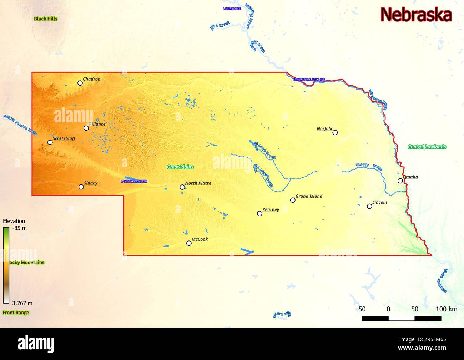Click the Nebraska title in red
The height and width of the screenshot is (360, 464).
pyautogui.click(x=416, y=15)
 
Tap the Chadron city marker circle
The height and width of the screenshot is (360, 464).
pyautogui.click(x=80, y=83)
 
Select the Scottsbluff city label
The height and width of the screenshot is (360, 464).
pyautogui.click(x=64, y=138)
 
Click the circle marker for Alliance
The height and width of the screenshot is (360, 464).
pyautogui.click(x=86, y=128)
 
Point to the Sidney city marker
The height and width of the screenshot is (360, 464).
pyautogui.click(x=81, y=187)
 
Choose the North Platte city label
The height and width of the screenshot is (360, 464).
pyautogui.click(x=198, y=183)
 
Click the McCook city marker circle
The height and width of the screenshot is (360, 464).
pyautogui.click(x=189, y=243)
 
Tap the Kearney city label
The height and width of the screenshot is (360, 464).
pyautogui.click(x=271, y=209)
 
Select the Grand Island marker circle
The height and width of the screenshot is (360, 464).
pyautogui.click(x=293, y=200)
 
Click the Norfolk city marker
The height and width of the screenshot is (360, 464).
pyautogui.click(x=335, y=132)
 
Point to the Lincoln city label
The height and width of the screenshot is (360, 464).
pyautogui.click(x=379, y=202)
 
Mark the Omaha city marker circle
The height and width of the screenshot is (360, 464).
pyautogui.click(x=400, y=181)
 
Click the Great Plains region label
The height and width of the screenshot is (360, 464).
pyautogui.click(x=180, y=167)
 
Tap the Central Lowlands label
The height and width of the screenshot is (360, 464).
pyautogui.click(x=427, y=147)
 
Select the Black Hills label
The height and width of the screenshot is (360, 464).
pyautogui.click(x=45, y=19)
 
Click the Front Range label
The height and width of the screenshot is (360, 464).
pyautogui.click(x=16, y=313)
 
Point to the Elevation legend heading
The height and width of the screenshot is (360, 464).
pyautogui.click(x=14, y=221)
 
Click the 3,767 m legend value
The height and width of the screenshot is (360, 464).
pyautogui.click(x=22, y=303)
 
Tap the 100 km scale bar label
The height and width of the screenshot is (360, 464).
pyautogui.click(x=446, y=309)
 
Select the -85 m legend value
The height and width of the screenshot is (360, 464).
pyautogui.click(x=19, y=228)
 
